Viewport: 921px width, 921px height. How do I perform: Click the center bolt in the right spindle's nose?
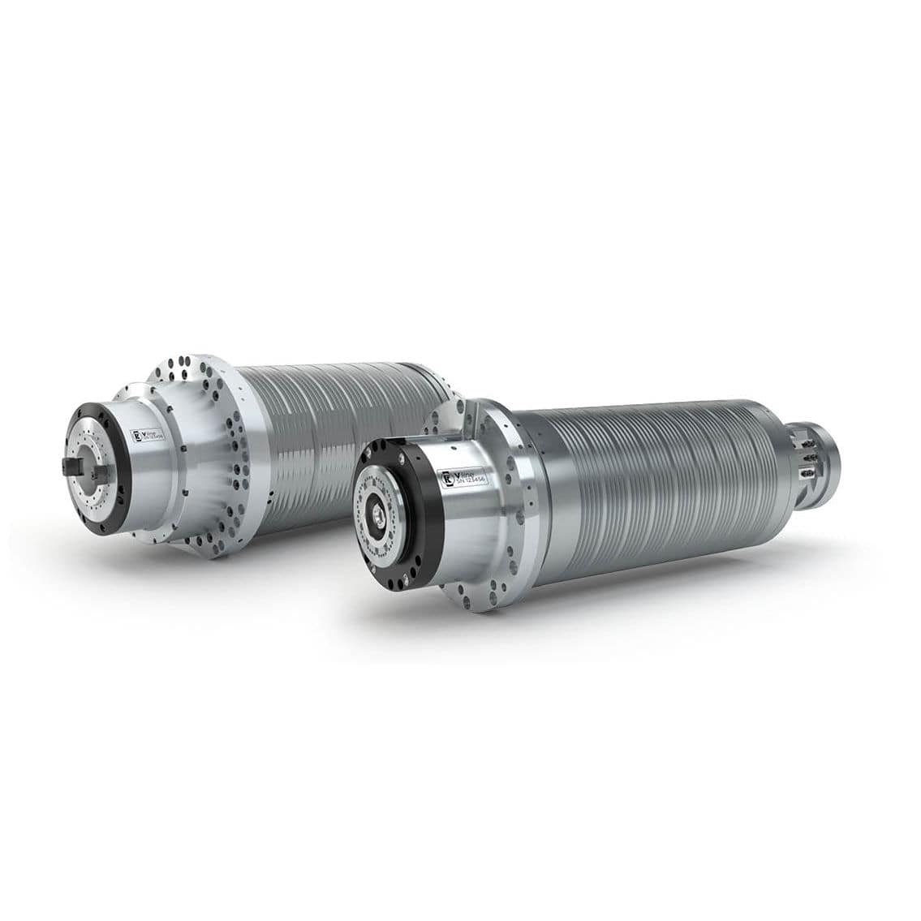pos(380,514)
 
